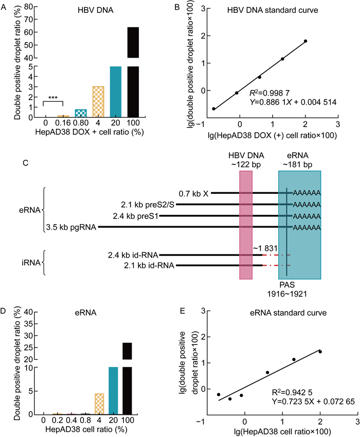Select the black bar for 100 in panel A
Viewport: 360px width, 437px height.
tap(133, 72)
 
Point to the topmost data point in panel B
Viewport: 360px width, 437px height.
tap(305, 41)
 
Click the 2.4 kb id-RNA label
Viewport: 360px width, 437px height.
tap(133, 254)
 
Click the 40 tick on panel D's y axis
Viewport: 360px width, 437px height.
tap(31, 313)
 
